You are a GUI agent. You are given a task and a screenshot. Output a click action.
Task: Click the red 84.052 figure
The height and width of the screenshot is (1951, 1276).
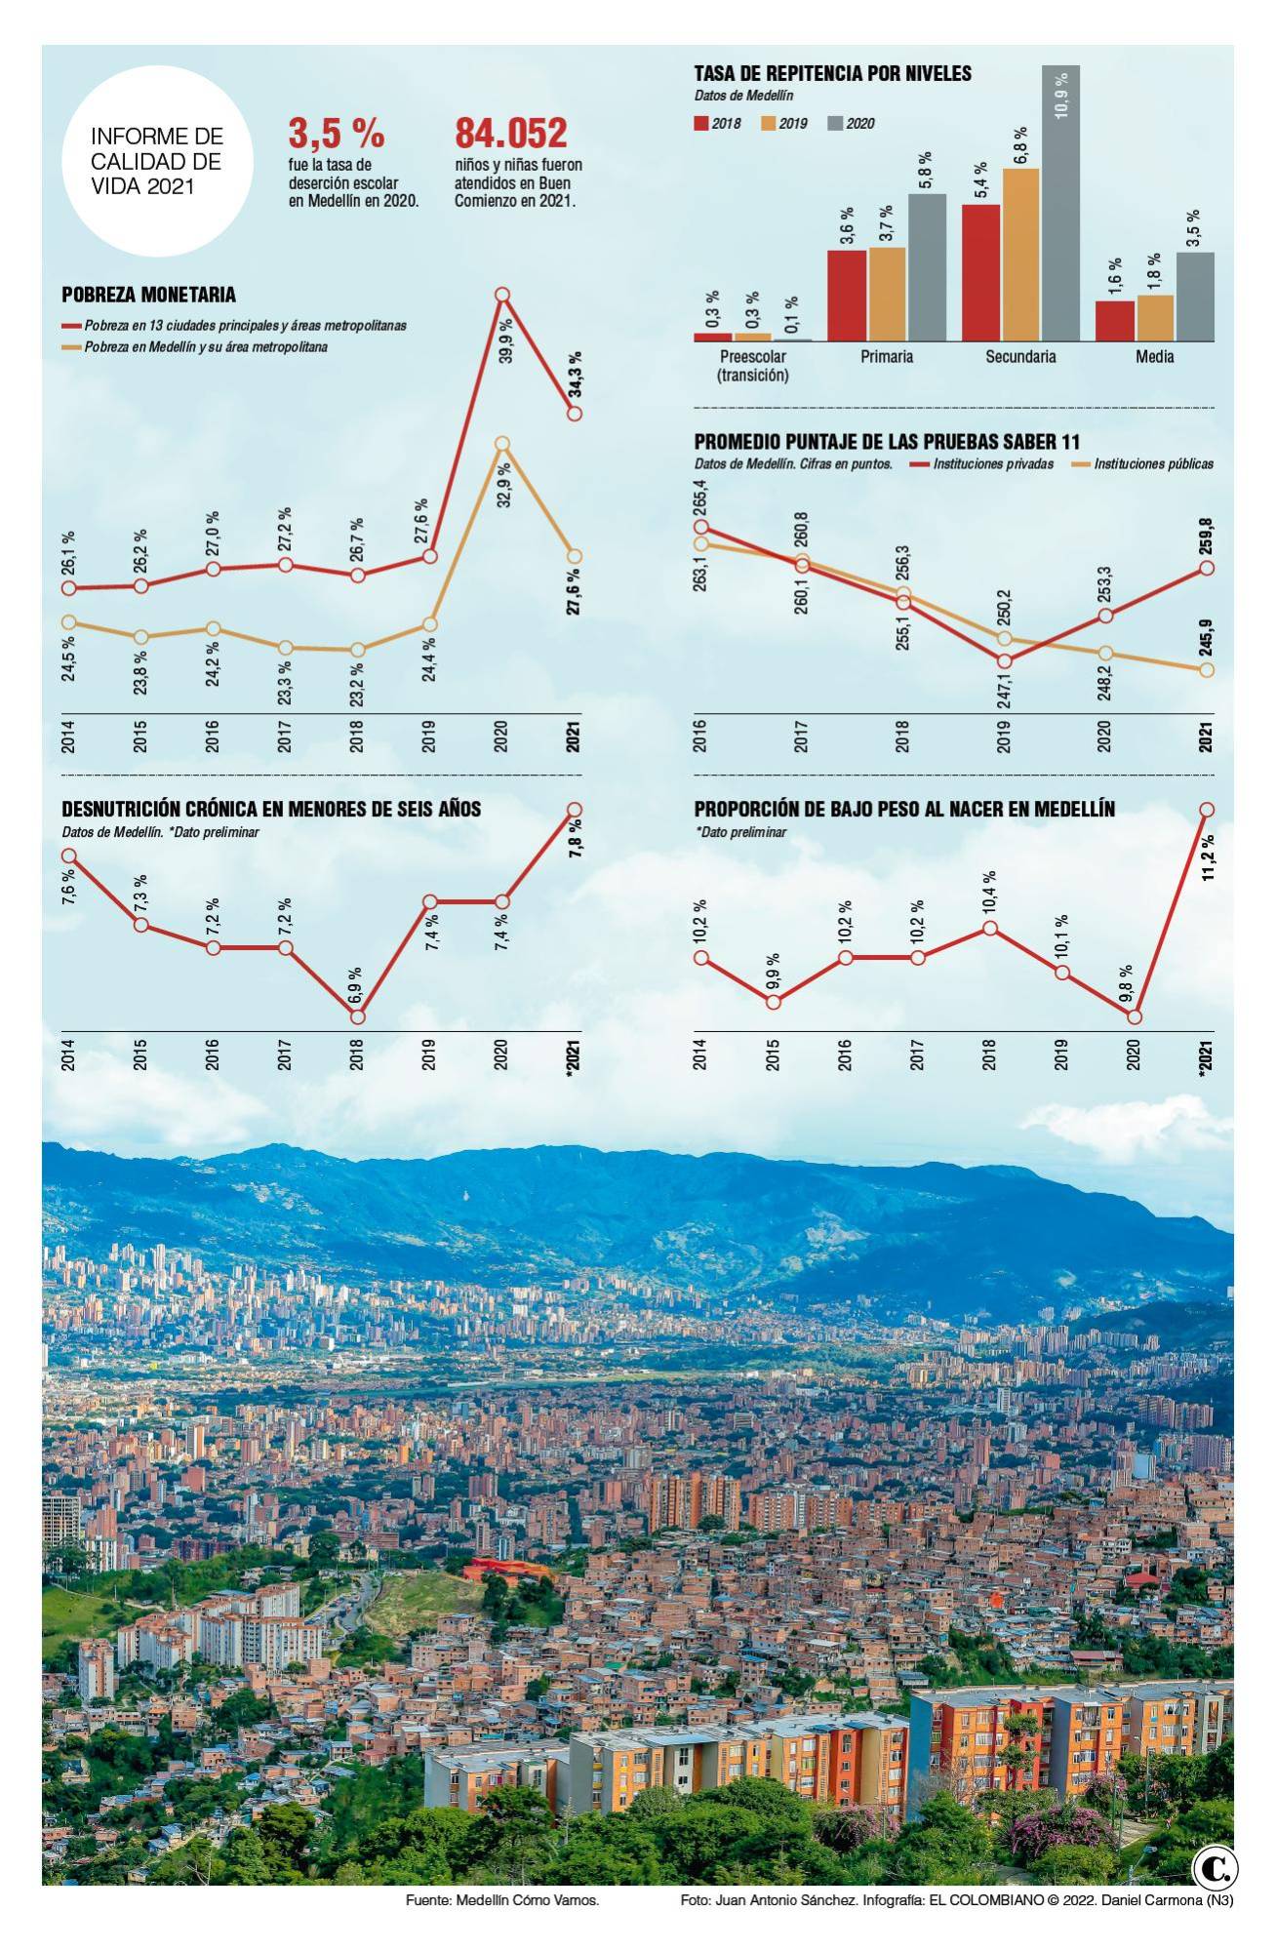tap(511, 134)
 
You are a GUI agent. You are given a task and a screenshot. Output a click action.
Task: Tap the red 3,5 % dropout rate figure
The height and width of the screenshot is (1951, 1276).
tap(337, 134)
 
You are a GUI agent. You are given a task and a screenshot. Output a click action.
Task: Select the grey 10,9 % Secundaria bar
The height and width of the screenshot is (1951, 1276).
tap(1060, 203)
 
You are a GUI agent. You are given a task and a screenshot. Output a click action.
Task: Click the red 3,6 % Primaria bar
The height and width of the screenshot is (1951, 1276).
tap(847, 295)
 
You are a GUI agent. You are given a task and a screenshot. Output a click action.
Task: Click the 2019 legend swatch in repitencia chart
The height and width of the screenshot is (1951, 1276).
tap(768, 124)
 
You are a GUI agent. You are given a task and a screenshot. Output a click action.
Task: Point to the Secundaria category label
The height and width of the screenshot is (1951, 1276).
tap(1019, 357)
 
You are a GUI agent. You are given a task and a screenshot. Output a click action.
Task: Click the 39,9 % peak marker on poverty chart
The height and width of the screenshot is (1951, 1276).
tap(502, 295)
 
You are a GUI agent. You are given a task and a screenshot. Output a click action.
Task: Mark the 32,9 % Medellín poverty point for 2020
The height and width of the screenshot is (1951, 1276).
tap(502, 444)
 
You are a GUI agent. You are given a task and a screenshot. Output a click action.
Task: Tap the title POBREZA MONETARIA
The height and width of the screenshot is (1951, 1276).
tap(148, 295)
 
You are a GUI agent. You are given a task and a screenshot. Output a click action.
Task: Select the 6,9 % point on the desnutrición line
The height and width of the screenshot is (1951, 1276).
tap(357, 1016)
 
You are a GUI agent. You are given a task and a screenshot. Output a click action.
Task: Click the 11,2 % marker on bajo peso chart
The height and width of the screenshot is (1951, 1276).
tap(1207, 809)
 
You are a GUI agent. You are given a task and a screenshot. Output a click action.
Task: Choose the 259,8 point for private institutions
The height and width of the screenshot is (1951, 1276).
tap(1207, 568)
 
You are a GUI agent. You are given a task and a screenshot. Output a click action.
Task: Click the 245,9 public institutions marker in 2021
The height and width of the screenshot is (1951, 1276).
tap(1207, 669)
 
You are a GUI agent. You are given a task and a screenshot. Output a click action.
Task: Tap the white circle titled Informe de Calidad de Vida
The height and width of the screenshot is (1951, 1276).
tap(156, 161)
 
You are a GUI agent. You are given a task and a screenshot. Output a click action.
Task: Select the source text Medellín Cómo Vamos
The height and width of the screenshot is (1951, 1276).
tap(501, 1901)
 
